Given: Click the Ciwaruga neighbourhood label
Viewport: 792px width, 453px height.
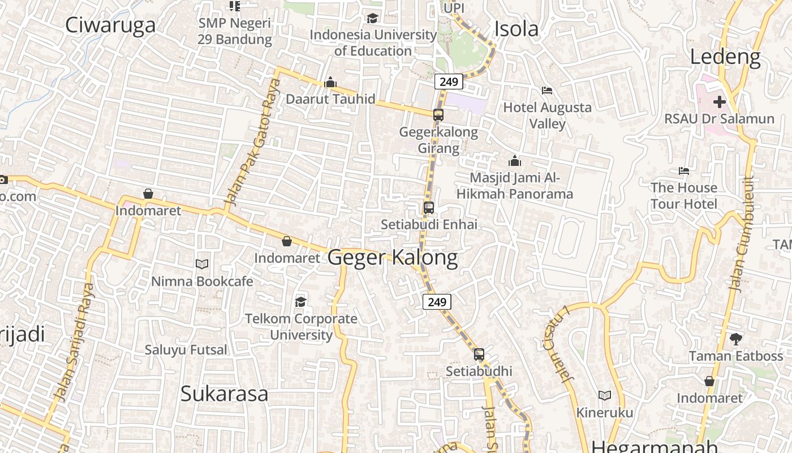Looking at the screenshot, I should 110,25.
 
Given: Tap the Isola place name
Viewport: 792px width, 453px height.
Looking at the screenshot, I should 516,29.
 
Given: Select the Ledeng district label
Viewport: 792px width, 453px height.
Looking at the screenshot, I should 725,57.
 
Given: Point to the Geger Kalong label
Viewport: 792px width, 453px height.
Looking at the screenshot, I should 393,258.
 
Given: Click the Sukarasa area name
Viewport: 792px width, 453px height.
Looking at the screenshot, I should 224,394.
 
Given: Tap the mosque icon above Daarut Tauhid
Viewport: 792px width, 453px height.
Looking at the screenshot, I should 330,83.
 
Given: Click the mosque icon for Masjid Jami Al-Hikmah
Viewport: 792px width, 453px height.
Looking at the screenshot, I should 514,161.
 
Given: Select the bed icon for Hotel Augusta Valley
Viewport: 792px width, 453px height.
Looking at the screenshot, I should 546,91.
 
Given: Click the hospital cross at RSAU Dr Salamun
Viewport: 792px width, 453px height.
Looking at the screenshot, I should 719,102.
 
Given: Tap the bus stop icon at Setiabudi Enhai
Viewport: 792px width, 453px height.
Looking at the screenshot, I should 429,208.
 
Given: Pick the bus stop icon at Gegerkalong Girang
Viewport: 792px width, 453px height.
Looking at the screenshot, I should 438,115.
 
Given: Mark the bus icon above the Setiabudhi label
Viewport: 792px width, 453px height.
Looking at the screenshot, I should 479,354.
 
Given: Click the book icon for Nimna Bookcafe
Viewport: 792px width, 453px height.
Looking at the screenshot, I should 202,264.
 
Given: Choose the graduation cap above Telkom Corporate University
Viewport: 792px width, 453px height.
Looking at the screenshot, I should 300,302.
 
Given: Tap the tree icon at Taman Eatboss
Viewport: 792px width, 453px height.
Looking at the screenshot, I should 735,339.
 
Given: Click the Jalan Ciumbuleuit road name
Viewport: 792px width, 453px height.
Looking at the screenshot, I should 742,233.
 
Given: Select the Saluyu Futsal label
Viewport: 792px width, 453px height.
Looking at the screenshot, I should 186,350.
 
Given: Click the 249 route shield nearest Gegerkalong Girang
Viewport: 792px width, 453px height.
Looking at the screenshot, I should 449,82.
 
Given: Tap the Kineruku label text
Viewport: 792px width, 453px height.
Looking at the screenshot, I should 604,412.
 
